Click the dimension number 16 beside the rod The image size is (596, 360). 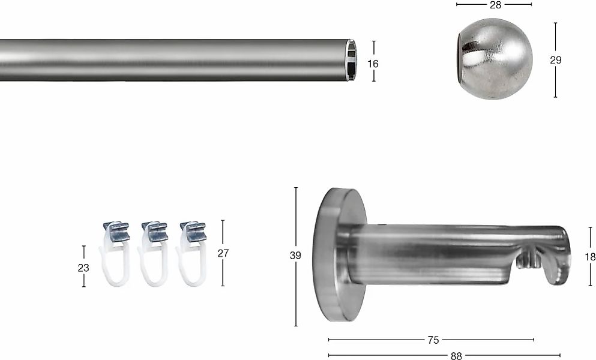373,64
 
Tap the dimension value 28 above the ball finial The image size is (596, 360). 496,5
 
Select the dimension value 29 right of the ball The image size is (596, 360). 556,60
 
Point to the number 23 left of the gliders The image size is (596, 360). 83,268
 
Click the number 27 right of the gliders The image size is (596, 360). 223,253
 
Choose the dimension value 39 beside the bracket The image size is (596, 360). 295,256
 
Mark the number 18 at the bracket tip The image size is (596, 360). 591,257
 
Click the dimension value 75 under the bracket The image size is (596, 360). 433,340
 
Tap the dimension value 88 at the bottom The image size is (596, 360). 456,356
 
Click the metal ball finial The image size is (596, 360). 494,59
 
